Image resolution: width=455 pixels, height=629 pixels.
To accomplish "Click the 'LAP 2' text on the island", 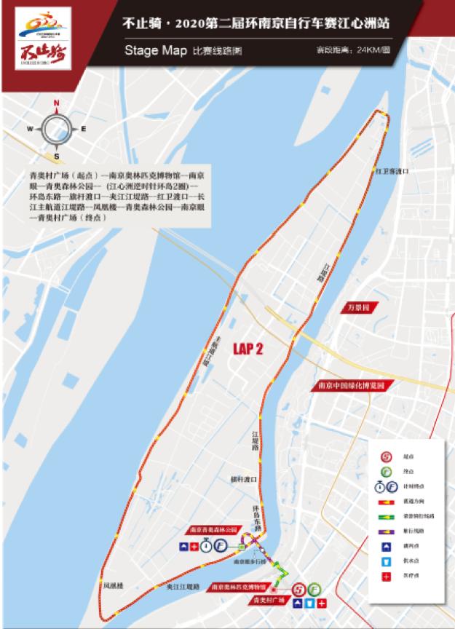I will click(x=248, y=349).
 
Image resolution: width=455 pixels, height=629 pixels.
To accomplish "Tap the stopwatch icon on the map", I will click(x=207, y=545).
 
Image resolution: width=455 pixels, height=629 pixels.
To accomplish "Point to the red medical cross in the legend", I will click(x=387, y=577).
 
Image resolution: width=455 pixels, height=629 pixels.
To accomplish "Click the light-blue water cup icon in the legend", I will click(x=387, y=562).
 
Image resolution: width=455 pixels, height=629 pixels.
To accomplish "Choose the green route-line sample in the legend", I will click(x=387, y=515).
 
